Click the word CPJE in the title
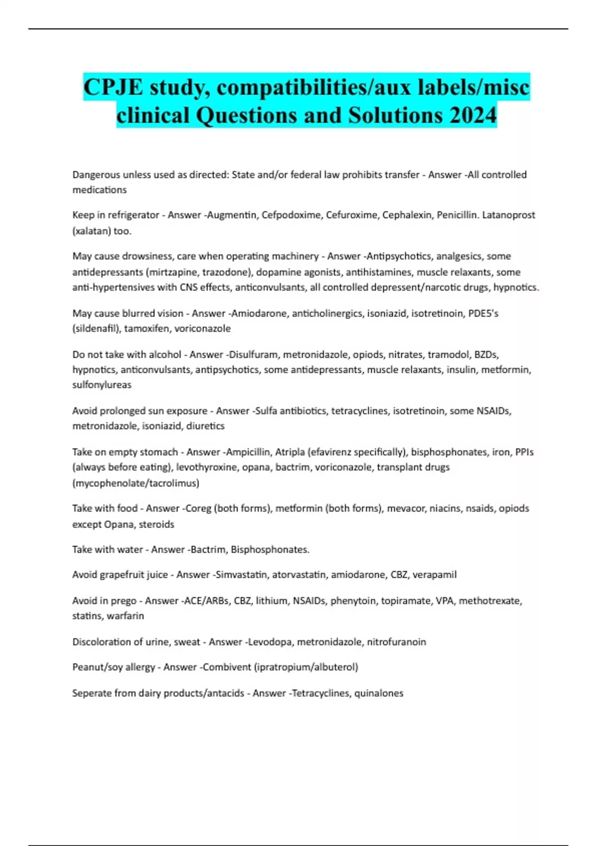coord(114,87)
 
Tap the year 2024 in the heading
coord(473,115)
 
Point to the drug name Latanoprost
coord(508,215)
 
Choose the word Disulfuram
coord(253,354)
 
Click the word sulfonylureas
coord(102,385)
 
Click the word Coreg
coord(198,508)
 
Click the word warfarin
coord(125,616)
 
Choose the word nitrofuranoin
coord(397,642)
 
